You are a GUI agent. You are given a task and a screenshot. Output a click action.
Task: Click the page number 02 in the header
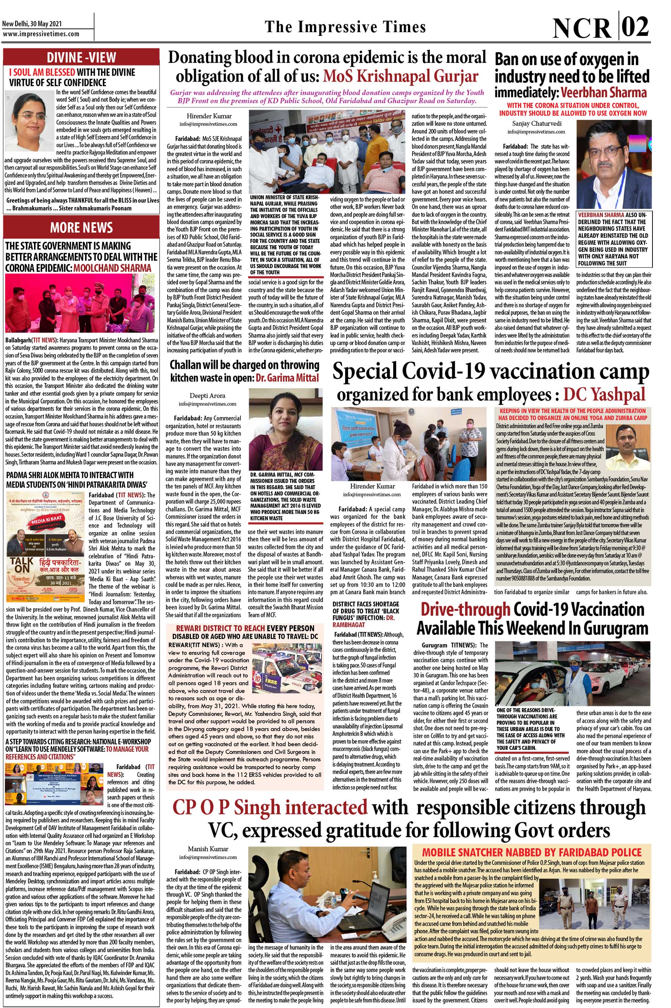coord(635,27)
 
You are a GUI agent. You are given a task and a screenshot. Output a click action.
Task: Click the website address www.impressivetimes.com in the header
coord(41,34)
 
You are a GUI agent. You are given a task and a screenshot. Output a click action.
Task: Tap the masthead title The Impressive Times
coord(346,27)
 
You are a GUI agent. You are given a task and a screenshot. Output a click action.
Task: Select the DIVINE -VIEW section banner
coord(81,57)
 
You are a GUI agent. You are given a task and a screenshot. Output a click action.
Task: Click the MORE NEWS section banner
coord(81,227)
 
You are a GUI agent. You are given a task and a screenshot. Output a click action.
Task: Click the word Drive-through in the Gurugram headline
coord(465,610)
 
